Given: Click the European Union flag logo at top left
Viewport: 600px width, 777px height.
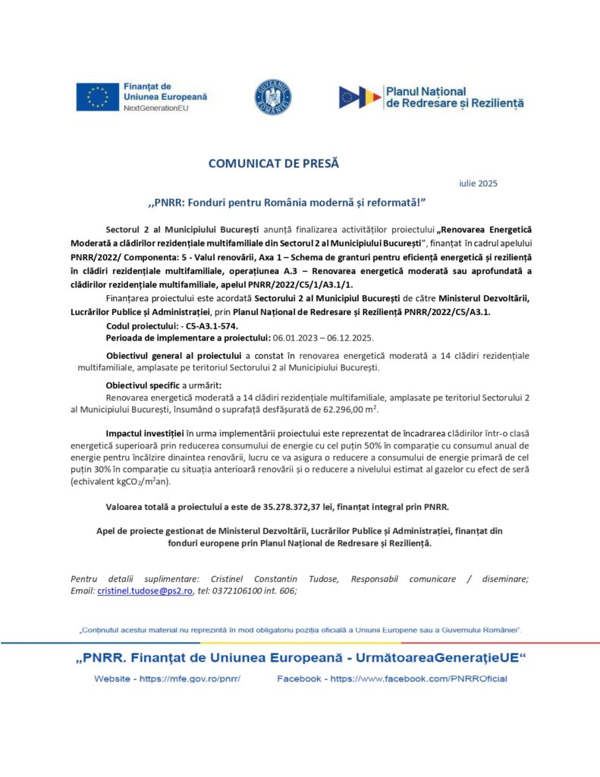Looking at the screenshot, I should coord(97,97).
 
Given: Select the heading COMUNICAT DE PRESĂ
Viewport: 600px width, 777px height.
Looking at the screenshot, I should coord(274,163).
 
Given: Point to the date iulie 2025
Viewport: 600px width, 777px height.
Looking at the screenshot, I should coord(479,183).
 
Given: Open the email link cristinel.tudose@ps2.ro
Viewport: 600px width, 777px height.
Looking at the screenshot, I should coord(145,591).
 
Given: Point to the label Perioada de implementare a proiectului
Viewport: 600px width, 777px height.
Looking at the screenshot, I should coord(188,338).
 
